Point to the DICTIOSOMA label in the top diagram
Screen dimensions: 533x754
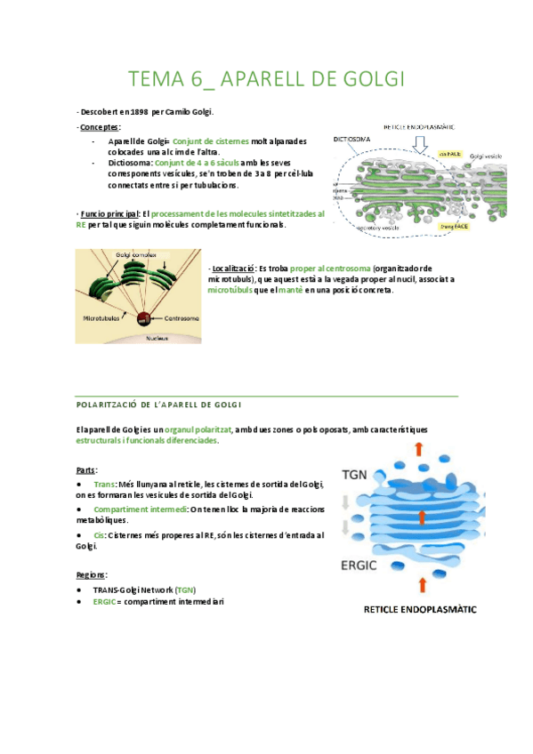tap(351, 139)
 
